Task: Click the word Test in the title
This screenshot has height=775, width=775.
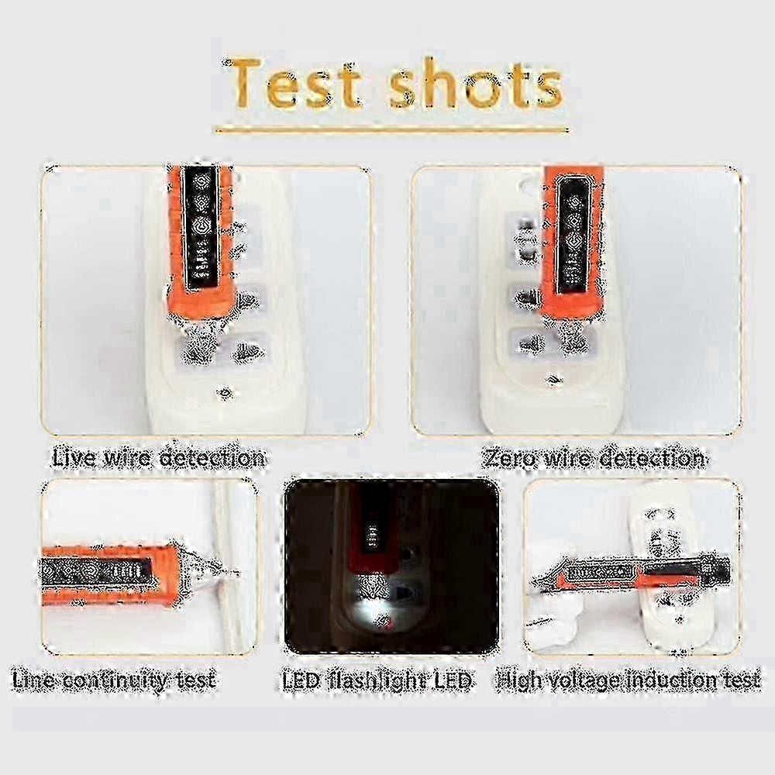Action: point(294,83)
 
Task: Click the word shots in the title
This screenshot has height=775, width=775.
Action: point(476,83)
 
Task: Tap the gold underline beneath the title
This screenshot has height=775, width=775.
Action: point(391,130)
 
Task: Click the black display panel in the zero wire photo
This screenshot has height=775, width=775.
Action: point(573,236)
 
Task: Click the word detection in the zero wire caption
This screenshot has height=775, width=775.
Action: point(652,458)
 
